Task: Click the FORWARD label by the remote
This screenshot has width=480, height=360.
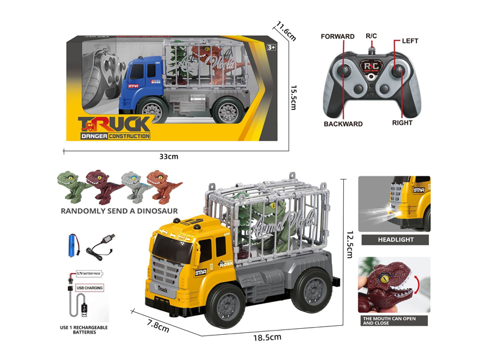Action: pos(338,37)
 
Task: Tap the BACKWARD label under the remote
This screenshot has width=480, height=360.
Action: pos(343,124)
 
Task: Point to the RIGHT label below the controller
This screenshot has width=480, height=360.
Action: pos(402,123)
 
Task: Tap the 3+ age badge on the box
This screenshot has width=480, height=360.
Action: pos(271,47)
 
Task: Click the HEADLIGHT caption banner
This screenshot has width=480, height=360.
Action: pos(394,239)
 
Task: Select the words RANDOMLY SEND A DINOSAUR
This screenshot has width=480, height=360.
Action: pos(119,211)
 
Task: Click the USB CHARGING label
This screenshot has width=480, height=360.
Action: pos(89,287)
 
